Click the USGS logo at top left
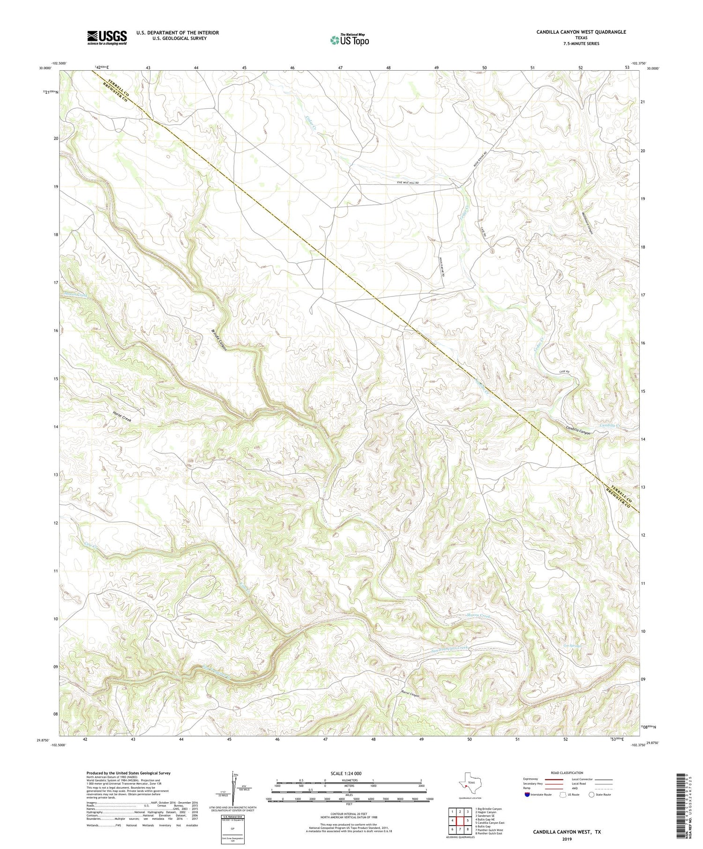pyautogui.click(x=107, y=37)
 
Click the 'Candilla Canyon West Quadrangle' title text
pyautogui.click(x=581, y=32)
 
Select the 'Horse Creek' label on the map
pyautogui.click(x=122, y=417)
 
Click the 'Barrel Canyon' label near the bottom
pyautogui.click(x=410, y=694)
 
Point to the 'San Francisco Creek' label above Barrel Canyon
pyautogui.click(x=449, y=649)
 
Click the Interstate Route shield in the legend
pyautogui.click(x=527, y=795)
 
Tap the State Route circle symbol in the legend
pyautogui.click(x=591, y=795)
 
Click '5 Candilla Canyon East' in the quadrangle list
pyautogui.click(x=490, y=822)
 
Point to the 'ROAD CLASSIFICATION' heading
pyautogui.click(x=567, y=773)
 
